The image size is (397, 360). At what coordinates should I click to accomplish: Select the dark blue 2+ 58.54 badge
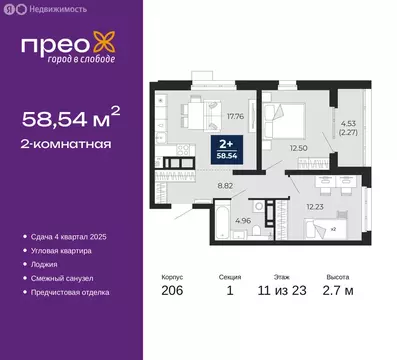231,150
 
